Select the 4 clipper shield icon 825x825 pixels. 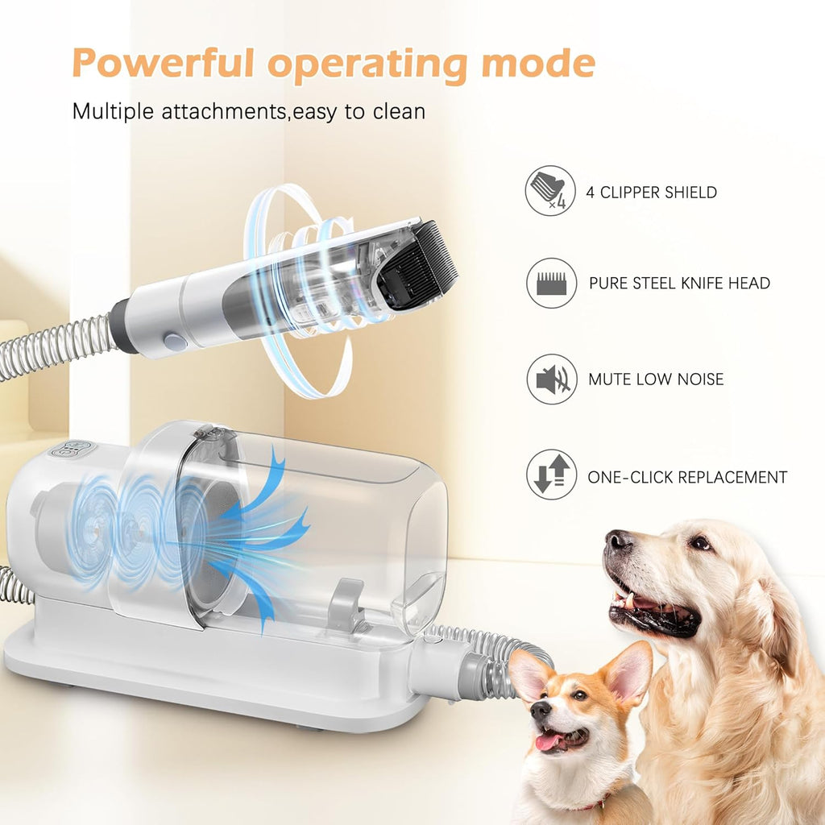[x=551, y=191]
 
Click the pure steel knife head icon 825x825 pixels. [x=551, y=283]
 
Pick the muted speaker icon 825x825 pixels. [x=551, y=379]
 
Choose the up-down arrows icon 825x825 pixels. [x=551, y=475]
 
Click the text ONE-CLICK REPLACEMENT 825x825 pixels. [x=687, y=477]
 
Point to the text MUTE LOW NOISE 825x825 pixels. [x=656, y=379]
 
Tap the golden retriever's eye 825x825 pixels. [x=699, y=543]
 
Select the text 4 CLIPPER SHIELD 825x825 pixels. [x=652, y=193]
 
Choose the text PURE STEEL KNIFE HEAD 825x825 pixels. [x=679, y=284]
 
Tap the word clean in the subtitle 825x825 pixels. [x=398, y=111]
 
